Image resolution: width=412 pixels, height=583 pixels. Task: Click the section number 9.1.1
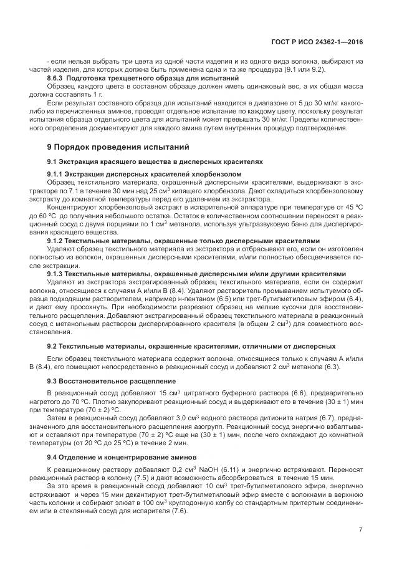point(59,173)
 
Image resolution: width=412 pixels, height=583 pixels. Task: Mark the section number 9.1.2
point(59,241)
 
